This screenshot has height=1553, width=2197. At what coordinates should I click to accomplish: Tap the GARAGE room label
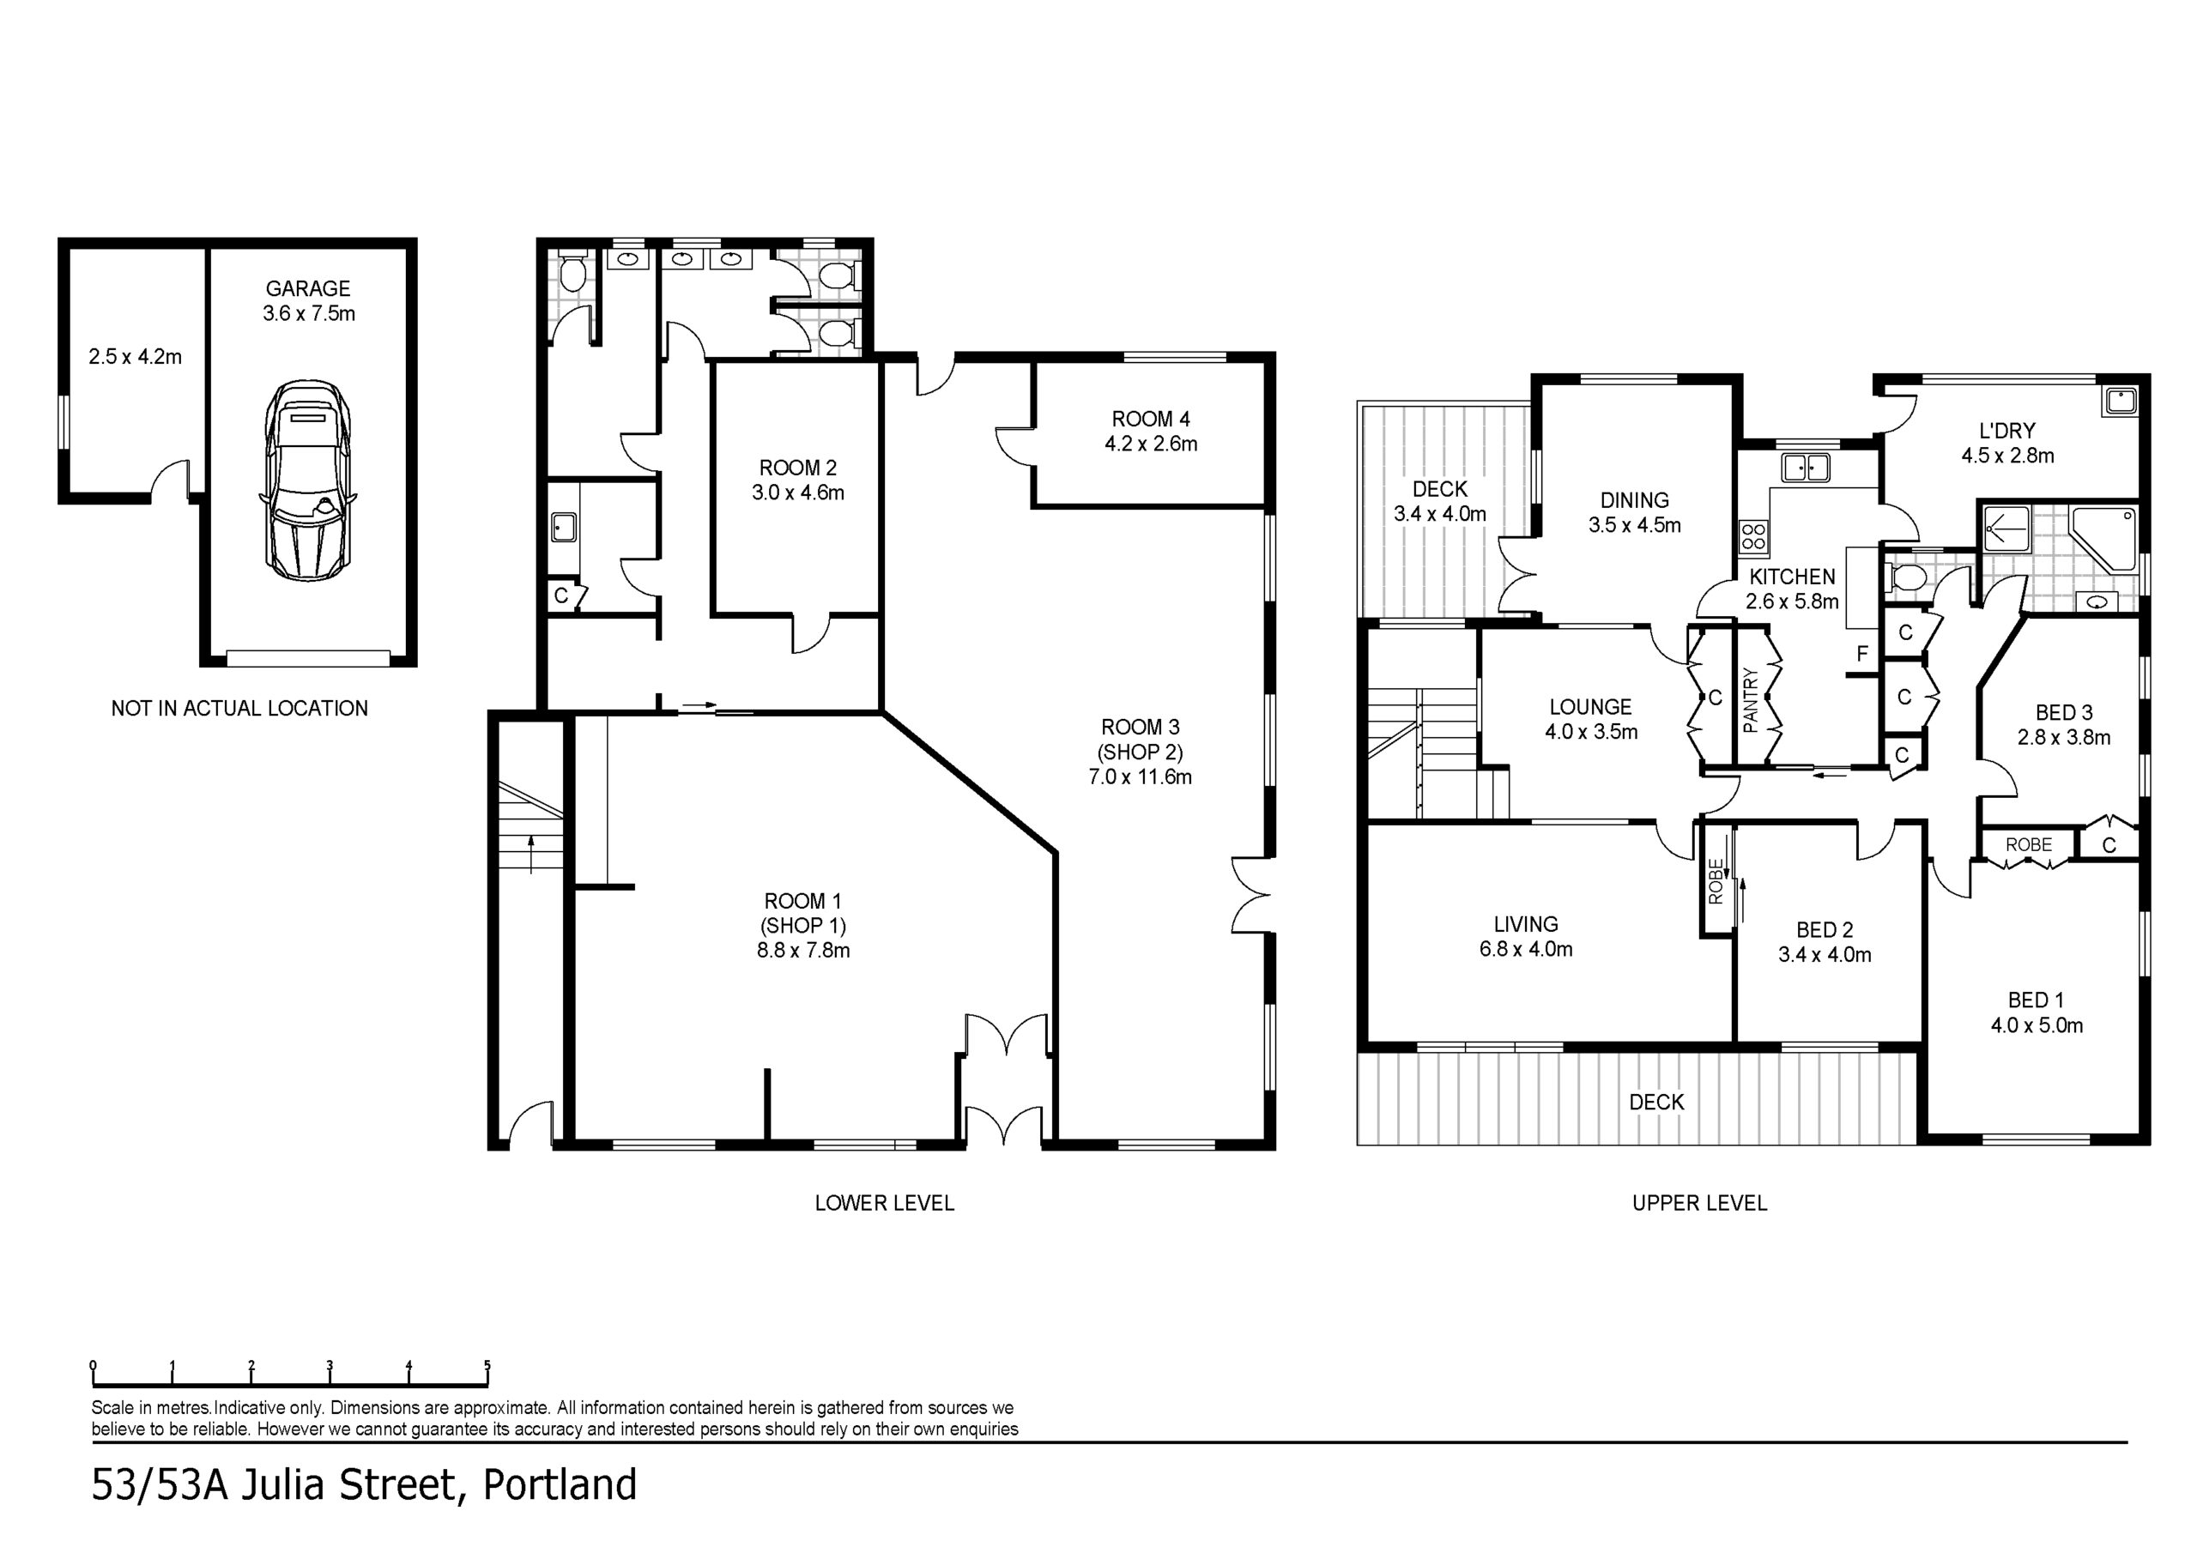point(308,288)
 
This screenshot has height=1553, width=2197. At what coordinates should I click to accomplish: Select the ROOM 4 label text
point(1150,419)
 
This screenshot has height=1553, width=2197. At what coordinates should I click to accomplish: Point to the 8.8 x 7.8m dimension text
point(802,950)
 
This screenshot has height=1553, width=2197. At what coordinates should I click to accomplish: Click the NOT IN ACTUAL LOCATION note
point(239,708)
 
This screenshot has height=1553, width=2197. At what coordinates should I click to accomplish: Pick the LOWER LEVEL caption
point(884,1203)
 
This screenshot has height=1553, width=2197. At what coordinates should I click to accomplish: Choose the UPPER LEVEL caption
point(1699,1203)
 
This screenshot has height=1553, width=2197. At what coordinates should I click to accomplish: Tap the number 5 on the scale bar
point(487,1365)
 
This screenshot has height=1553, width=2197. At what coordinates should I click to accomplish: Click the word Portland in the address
point(560,1485)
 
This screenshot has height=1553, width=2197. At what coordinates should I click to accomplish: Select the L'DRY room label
point(2007,431)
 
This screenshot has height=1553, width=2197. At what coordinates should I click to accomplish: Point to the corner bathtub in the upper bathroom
point(2103,539)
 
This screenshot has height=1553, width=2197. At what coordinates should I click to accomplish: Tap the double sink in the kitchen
point(1805,468)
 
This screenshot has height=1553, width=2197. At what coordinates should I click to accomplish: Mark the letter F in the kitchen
point(1862,655)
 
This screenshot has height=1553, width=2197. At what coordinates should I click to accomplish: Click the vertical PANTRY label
point(1751,700)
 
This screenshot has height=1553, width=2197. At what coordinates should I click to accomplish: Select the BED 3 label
point(2063,713)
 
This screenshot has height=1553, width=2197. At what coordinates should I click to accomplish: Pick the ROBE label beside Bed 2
point(1715,881)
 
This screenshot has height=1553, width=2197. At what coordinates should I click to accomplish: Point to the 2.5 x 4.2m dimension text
point(135,357)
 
